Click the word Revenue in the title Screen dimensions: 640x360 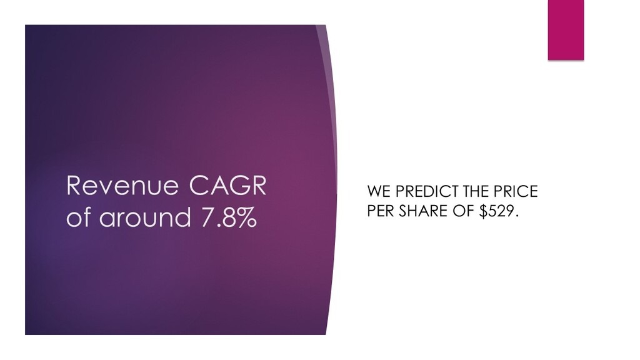pyautogui.click(x=122, y=186)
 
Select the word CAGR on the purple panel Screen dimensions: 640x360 pyautogui.click(x=227, y=186)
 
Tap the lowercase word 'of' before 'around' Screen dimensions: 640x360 pyautogui.click(x=77, y=217)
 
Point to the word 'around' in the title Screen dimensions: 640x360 pyautogui.click(x=145, y=217)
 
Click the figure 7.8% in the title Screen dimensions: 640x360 pyautogui.click(x=229, y=217)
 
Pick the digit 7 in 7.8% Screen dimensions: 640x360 pyautogui.click(x=207, y=217)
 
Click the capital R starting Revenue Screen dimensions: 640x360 pyautogui.click(x=74, y=186)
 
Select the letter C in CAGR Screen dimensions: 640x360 pyautogui.click(x=198, y=186)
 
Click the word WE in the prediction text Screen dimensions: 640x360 pyautogui.click(x=379, y=191)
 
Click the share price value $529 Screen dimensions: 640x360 pyautogui.click(x=499, y=211)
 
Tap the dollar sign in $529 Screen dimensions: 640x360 pyautogui.click(x=484, y=211)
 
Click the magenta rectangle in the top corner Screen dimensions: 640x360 pyautogui.click(x=566, y=30)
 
